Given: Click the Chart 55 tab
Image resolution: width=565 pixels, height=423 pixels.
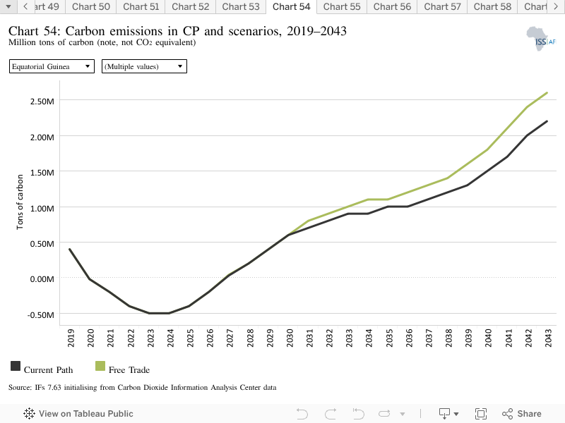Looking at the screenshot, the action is click(x=342, y=7).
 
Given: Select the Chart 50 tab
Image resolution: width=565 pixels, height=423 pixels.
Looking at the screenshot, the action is click(x=91, y=7).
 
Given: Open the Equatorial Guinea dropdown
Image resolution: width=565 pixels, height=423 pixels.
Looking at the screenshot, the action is click(x=52, y=66).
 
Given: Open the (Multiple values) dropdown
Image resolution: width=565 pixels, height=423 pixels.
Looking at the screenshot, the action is click(x=144, y=66).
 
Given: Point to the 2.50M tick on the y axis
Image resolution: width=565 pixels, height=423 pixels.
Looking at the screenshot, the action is click(x=42, y=102).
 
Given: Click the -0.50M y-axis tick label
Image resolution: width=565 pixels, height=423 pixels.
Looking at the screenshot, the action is click(x=41, y=315).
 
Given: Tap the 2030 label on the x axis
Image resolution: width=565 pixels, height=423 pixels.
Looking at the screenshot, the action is click(x=290, y=338).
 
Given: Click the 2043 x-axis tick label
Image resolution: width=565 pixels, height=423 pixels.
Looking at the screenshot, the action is click(x=548, y=338).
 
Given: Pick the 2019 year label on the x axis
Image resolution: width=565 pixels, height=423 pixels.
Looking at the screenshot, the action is click(x=71, y=338).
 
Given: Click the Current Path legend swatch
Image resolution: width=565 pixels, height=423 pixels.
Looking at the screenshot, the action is click(x=16, y=366).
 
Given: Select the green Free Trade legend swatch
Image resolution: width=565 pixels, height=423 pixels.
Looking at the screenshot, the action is click(x=100, y=366).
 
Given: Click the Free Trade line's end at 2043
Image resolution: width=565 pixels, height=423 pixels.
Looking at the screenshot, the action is click(x=547, y=93).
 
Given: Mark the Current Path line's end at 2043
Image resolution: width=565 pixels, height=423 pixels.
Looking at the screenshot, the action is click(x=547, y=121).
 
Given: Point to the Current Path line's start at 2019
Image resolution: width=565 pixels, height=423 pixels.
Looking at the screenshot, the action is click(x=69, y=249).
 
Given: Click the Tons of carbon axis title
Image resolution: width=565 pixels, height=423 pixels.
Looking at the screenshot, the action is click(x=20, y=202).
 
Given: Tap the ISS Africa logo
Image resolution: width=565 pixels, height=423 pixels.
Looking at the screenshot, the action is click(x=541, y=39).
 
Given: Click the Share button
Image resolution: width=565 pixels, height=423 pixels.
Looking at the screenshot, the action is click(x=521, y=414).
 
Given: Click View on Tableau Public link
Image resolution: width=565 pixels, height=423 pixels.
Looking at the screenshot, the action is click(x=78, y=414).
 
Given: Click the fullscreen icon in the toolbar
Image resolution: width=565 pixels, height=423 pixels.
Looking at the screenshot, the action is click(x=481, y=414).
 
